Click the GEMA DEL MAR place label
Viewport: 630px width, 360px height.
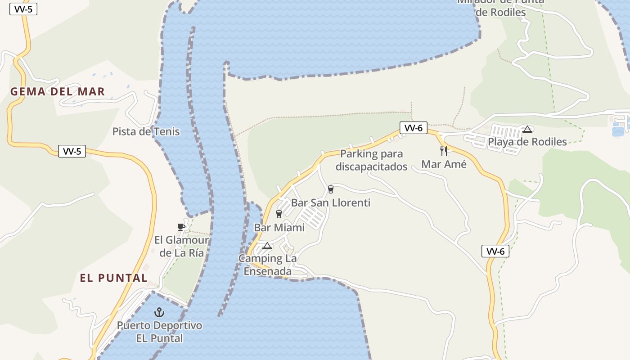click(x=58, y=92)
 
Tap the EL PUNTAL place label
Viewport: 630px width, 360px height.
click(x=114, y=278)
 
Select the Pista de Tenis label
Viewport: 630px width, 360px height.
click(x=146, y=132)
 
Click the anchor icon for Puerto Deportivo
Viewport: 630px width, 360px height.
click(x=159, y=312)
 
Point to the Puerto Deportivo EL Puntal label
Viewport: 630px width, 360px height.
click(x=159, y=332)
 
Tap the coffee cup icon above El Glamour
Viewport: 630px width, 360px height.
click(x=181, y=227)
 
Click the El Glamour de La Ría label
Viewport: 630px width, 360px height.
click(x=181, y=246)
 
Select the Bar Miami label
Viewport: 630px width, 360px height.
click(x=279, y=228)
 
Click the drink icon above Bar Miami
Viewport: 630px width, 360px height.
click(x=279, y=214)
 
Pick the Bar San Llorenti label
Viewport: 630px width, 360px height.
click(x=330, y=203)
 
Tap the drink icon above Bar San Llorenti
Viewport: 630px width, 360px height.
click(x=331, y=189)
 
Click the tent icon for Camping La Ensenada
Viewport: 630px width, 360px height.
click(x=267, y=246)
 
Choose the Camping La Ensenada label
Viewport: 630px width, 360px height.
click(x=267, y=265)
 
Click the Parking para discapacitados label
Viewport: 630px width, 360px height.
click(x=371, y=160)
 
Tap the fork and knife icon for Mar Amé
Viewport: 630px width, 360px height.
click(x=444, y=151)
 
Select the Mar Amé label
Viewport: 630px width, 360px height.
click(x=444, y=165)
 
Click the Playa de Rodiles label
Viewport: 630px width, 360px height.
click(x=527, y=142)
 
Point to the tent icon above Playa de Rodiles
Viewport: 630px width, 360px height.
click(x=527, y=130)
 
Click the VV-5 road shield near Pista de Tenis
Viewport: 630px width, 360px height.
click(x=72, y=151)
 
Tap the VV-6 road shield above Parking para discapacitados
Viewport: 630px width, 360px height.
click(x=414, y=128)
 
